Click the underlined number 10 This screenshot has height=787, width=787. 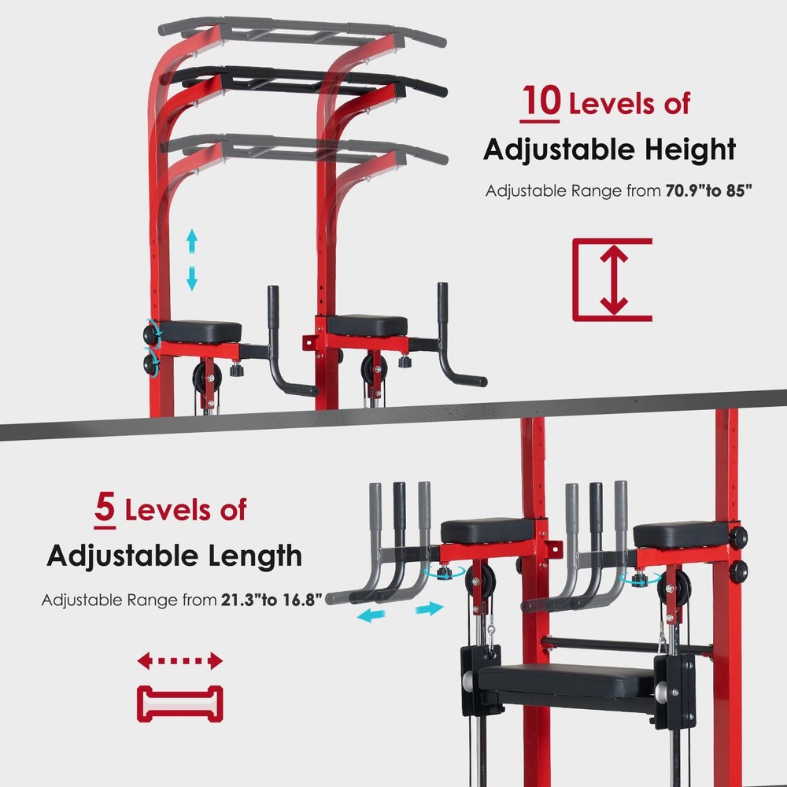click(539, 105)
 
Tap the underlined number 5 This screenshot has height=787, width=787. click(105, 509)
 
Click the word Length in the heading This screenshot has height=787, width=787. click(253, 556)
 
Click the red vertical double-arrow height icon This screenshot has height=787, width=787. click(612, 279)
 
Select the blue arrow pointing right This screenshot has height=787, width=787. click(429, 609)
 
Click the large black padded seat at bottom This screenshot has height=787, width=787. click(567, 678)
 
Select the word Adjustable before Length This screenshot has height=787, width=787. click(121, 556)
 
